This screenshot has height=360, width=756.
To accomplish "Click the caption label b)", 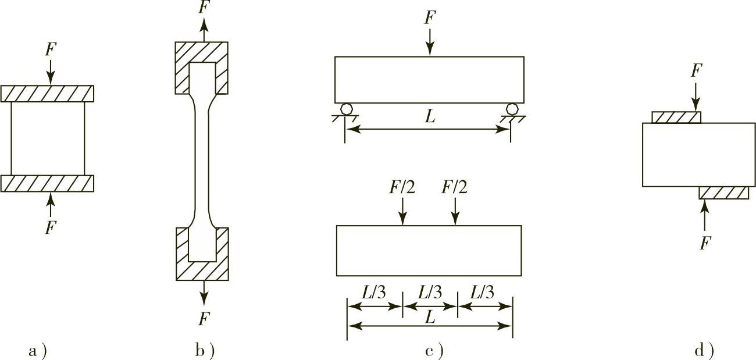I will point(205,351).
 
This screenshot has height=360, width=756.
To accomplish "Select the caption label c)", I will point(434,351).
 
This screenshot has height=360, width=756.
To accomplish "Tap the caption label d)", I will point(704,351).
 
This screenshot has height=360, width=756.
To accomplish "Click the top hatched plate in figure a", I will point(48,94).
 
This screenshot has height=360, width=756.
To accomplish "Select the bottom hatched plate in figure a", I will point(48,183).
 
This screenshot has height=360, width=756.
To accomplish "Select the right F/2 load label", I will point(454,187).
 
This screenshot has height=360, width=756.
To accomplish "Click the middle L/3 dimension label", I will point(430,293).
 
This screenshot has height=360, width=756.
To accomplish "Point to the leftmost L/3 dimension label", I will point(374,293).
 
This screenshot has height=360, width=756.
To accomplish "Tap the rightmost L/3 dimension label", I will point(482,293).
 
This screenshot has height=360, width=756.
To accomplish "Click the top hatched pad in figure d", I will point(676,117).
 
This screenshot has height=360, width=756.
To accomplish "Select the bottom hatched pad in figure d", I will point(724,193).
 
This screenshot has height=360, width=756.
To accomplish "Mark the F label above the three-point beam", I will point(429,17).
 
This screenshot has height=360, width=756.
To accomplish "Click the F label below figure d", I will point(705,243).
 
